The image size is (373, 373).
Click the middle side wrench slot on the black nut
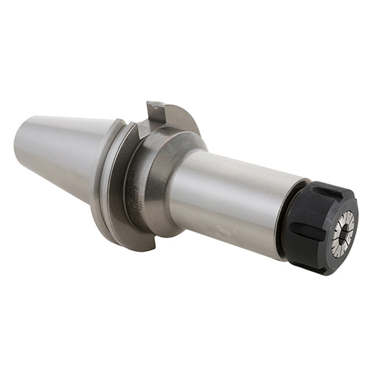(304, 225)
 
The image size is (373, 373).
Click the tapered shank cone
(64, 152)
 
